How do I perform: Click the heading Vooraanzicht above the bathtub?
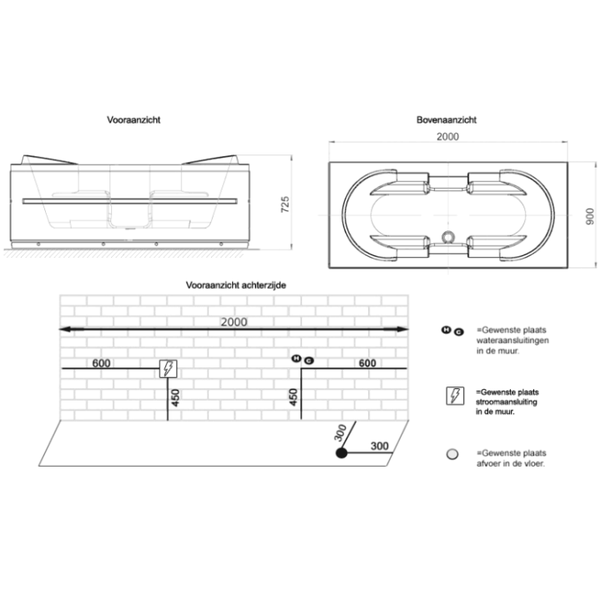click(134, 120)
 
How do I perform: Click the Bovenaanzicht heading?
click(446, 120)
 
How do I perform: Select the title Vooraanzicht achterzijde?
click(235, 285)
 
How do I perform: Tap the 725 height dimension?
click(285, 205)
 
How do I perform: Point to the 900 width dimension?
click(590, 216)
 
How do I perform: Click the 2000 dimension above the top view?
click(447, 136)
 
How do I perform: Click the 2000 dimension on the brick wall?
click(234, 322)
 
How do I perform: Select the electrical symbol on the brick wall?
click(169, 369)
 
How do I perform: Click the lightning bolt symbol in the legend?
click(455, 396)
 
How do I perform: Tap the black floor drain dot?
click(341, 453)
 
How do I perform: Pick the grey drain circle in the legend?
click(452, 454)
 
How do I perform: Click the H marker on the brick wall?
click(296, 359)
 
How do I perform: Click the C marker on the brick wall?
click(309, 361)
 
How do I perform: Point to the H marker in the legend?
click(446, 330)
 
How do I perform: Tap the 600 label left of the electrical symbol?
click(101, 363)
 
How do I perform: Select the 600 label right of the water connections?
click(367, 363)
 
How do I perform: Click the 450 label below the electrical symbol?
click(174, 397)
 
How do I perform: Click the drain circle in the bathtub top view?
click(447, 237)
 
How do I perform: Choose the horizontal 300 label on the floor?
click(380, 446)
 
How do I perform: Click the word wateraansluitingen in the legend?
click(513, 341)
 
